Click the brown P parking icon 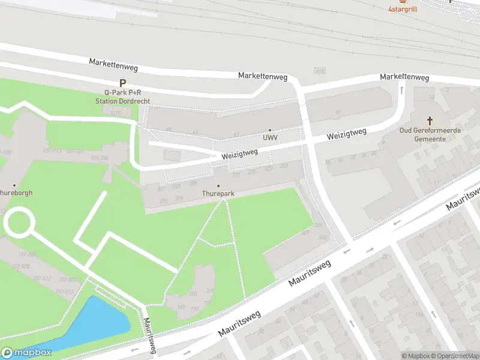122,83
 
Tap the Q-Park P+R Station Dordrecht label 122,97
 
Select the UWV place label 270,138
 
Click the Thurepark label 218,194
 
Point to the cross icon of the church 430,120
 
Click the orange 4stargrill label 403,8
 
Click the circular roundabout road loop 19,221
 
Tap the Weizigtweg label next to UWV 239,154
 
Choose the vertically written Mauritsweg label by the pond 149,336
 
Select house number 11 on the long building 338,112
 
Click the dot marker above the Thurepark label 218,186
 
